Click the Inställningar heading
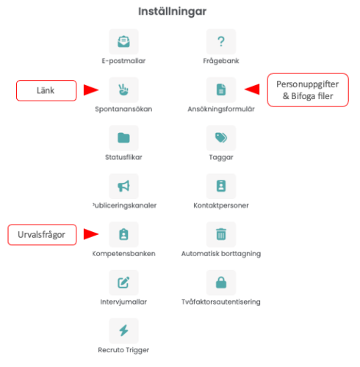[x=173, y=11]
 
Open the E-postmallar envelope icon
[x=123, y=41]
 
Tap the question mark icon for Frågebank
[x=221, y=41]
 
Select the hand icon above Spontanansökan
[x=123, y=90]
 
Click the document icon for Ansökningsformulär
[x=221, y=90]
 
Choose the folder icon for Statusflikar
[x=123, y=138]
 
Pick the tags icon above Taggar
[x=221, y=138]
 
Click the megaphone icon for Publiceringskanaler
[x=123, y=186]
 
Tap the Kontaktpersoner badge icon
[x=221, y=186]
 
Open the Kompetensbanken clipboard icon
[x=123, y=234]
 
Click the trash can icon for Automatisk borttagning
[x=221, y=234]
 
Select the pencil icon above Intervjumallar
[x=123, y=283]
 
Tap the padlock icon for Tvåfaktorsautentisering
[x=221, y=283]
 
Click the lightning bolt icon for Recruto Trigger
[x=123, y=330]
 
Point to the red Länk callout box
[x=46, y=90]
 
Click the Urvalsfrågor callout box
[x=42, y=235]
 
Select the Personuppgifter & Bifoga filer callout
[x=308, y=90]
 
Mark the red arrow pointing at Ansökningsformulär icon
[x=252, y=89]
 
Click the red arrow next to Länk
[x=91, y=90]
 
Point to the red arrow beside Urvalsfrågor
[x=91, y=234]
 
